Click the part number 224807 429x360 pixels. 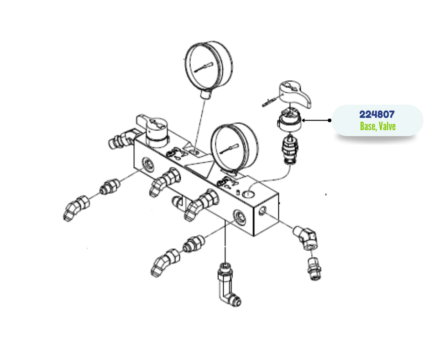[x=377, y=114]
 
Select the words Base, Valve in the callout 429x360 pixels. [x=377, y=126]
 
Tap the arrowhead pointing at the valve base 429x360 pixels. [x=303, y=120]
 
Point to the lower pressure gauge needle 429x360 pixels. [x=229, y=148]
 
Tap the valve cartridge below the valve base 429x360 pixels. [x=289, y=149]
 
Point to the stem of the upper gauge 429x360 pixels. [x=205, y=94]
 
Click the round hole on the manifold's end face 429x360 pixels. [x=262, y=211]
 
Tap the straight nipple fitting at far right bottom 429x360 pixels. [x=314, y=269]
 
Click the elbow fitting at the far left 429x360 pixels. [x=76, y=208]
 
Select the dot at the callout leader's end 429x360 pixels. [x=330, y=120]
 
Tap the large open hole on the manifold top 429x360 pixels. [x=248, y=194]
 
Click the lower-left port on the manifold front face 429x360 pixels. [x=149, y=164]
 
